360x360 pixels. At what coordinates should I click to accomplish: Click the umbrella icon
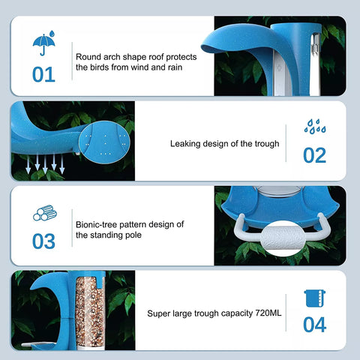[x=43, y=43]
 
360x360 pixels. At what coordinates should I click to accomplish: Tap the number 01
[x=43, y=74]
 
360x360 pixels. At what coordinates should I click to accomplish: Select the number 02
[x=314, y=155]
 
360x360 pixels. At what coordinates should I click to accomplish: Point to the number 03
[x=43, y=241]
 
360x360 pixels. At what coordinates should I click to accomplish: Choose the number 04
[x=314, y=325]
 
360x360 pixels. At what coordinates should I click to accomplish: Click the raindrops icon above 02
[x=315, y=127]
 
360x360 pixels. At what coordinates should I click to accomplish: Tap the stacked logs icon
[x=45, y=213]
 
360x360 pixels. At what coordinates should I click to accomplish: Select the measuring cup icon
[x=315, y=298]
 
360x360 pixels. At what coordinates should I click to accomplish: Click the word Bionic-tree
[x=96, y=224]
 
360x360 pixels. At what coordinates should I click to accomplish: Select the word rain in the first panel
[x=175, y=67]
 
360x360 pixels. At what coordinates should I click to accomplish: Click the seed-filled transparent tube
[x=90, y=311]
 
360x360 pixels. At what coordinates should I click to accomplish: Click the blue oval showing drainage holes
[x=104, y=142]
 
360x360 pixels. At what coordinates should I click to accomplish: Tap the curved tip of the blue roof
[x=203, y=47]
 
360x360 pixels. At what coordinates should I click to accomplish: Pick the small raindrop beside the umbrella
[x=52, y=34]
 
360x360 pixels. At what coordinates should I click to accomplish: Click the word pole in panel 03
[x=133, y=235]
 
